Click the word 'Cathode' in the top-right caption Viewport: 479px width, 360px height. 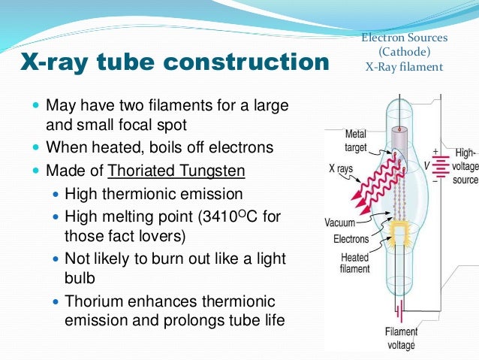(405, 51)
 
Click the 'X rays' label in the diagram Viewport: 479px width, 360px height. (341, 169)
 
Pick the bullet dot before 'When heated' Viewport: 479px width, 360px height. (38, 147)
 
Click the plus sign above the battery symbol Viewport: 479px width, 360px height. (435, 151)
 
